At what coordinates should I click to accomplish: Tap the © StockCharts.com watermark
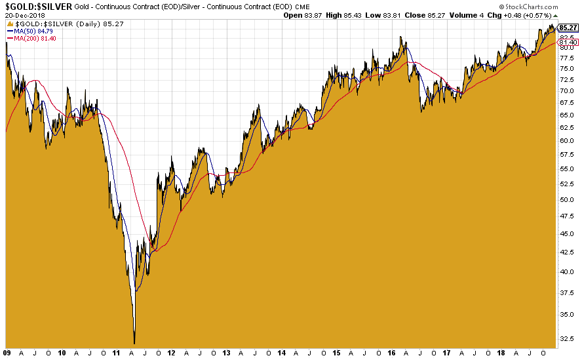(541, 6)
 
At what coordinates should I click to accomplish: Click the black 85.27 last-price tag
(568, 28)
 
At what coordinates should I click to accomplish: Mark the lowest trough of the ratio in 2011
(134, 343)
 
